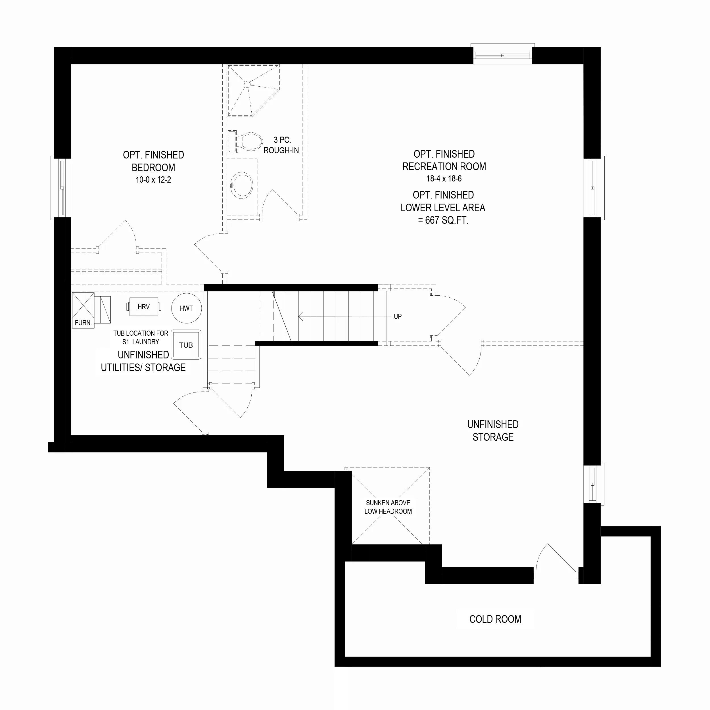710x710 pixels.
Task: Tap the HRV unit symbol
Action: point(144,306)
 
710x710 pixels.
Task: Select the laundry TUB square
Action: point(186,344)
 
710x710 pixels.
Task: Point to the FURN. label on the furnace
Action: point(83,323)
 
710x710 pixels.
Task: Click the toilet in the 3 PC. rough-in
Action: point(245,141)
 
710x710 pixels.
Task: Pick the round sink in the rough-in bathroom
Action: point(241,185)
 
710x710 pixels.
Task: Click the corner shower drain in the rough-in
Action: point(247,84)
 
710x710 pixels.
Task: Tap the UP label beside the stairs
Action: point(398,316)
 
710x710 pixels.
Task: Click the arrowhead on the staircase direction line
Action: point(300,316)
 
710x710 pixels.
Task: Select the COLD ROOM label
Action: point(495,619)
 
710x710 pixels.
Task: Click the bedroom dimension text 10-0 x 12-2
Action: point(153,180)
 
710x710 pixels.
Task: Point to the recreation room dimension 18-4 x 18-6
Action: point(444,179)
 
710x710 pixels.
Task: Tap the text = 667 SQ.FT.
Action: point(443,220)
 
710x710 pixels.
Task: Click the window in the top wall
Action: point(503,54)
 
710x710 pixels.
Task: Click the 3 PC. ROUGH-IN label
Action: point(281,145)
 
